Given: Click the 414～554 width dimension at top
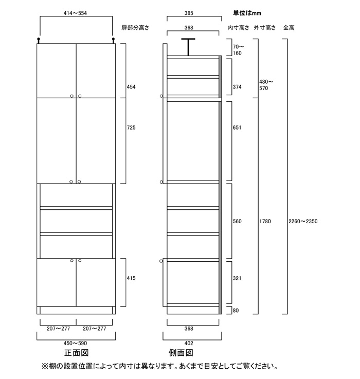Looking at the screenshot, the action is click(75, 13).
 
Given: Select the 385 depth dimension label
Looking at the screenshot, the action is click(189, 13).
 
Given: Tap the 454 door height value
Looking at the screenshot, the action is click(131, 87).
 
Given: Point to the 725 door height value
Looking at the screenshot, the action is click(131, 128).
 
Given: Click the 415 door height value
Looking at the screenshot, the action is click(131, 278).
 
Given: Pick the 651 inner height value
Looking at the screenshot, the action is click(237, 128).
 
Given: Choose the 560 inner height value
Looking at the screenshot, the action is click(237, 221).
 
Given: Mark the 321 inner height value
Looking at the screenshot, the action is click(237, 278).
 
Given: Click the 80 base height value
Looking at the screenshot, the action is click(236, 311).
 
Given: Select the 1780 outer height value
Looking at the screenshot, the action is click(265, 221).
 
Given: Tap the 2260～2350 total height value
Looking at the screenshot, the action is click(303, 221).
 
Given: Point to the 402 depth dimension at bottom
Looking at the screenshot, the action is click(189, 343).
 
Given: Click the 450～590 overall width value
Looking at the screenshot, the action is click(75, 343).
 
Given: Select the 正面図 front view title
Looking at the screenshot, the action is click(77, 353).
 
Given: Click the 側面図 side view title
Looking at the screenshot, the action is click(181, 353).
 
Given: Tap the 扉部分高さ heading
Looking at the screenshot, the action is click(135, 28).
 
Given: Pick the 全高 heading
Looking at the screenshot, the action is click(289, 28).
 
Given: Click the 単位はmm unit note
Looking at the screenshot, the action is click(247, 13).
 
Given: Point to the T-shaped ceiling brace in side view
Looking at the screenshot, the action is click(188, 47).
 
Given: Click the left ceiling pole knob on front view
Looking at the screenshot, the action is click(39, 40).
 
